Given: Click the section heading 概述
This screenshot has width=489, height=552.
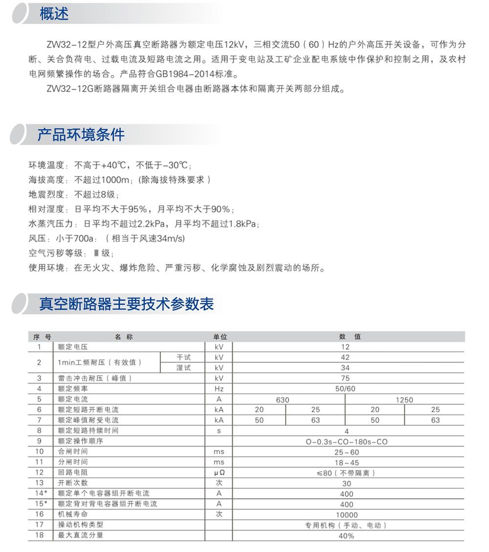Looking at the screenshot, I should point(54,14).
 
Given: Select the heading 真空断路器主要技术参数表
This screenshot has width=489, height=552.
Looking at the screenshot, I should point(126,304).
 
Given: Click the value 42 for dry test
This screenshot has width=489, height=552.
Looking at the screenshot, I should point(345,357).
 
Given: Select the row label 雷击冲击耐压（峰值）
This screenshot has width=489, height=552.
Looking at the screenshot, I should point(95,378).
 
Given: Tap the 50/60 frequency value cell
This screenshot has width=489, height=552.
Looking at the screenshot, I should point(345,389).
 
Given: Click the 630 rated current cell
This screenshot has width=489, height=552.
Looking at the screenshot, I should point(283,400).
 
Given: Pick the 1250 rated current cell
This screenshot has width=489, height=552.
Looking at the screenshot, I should point(404,400).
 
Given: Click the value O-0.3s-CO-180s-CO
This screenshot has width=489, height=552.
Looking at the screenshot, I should point(346,442).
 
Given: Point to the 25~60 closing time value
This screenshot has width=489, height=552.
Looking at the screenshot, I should point(346,452).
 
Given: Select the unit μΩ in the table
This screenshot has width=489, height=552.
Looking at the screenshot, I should point(219,473).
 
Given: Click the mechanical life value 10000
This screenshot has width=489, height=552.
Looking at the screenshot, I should point(346,514).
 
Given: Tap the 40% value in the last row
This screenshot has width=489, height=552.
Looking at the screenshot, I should point(346,535).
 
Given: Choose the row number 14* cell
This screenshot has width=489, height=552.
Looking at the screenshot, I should point(41,493).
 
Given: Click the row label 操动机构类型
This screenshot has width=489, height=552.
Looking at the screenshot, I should point(81,525).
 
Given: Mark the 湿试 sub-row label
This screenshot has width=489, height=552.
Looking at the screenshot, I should point(183,368).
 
